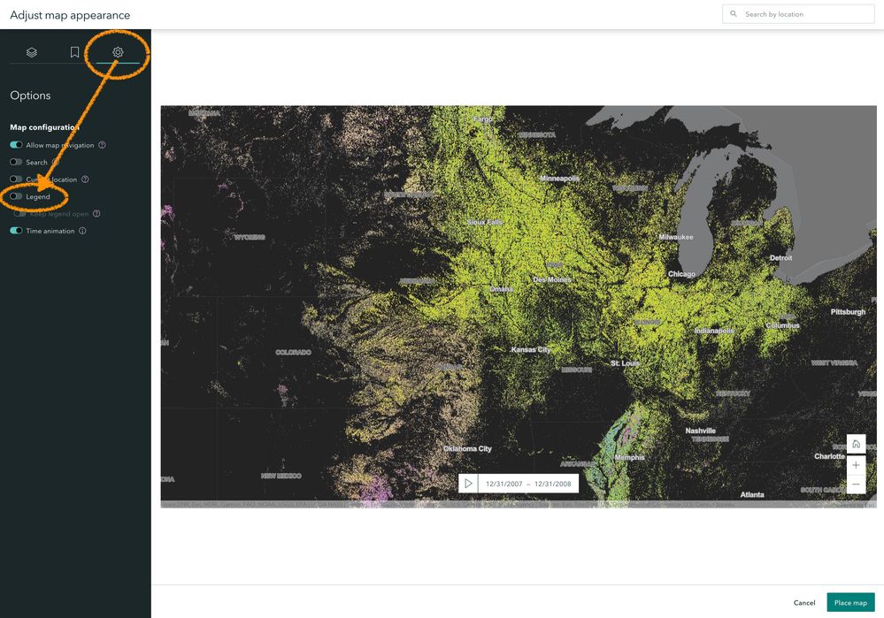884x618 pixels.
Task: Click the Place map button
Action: (x=850, y=602)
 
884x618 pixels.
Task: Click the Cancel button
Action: (x=803, y=602)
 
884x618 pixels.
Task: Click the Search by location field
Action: (x=798, y=14)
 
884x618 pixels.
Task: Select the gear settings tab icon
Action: (x=118, y=52)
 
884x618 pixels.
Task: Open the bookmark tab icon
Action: (x=75, y=52)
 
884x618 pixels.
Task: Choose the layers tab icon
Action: (x=32, y=52)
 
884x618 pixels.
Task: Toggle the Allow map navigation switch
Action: (x=16, y=145)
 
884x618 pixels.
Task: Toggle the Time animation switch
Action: (x=16, y=231)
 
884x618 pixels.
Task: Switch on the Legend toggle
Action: (x=16, y=196)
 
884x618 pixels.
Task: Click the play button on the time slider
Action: (x=469, y=483)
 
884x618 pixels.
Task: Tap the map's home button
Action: (x=856, y=444)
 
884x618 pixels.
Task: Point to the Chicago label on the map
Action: (x=681, y=274)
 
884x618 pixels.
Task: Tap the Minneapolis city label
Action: (x=560, y=179)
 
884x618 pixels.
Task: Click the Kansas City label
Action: (x=531, y=350)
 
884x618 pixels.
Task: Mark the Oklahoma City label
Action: (x=467, y=449)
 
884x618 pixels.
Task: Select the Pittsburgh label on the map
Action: (x=848, y=312)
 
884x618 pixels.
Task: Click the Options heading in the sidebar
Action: (x=30, y=95)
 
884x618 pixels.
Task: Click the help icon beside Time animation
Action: (x=83, y=231)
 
